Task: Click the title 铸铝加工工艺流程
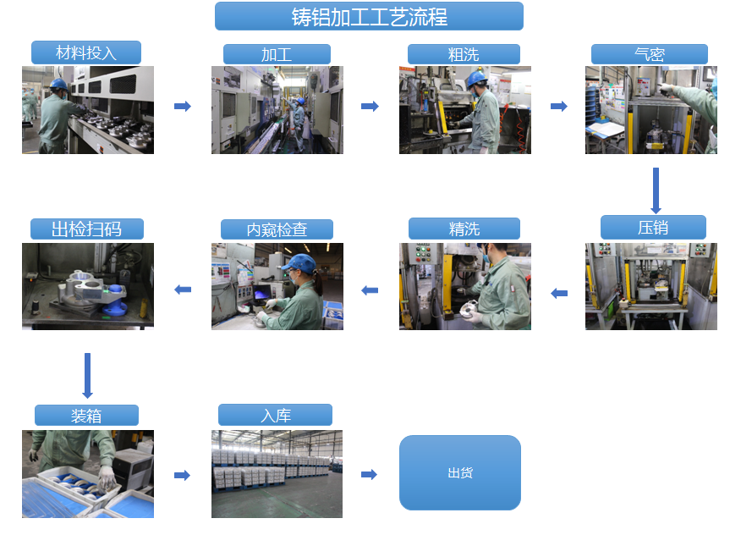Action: tap(369, 16)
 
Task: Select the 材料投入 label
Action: tap(86, 52)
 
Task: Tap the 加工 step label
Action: tap(277, 54)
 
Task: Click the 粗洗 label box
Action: tap(464, 54)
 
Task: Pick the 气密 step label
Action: tap(650, 54)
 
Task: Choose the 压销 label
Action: tap(653, 228)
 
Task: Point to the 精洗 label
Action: tap(464, 229)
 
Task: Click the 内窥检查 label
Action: tap(277, 229)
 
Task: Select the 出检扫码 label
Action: tap(87, 229)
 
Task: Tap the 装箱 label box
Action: tap(86, 415)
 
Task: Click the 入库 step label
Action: tap(275, 415)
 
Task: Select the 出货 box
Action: tap(460, 473)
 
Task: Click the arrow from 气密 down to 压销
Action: tap(656, 190)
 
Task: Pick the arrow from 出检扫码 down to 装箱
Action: tap(87, 376)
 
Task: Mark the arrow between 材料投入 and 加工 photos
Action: tap(183, 106)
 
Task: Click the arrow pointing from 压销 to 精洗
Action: tap(559, 294)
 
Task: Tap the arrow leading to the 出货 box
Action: tap(369, 475)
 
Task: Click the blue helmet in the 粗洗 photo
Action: tap(476, 78)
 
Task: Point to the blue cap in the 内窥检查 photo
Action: tap(299, 262)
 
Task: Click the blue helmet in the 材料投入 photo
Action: tap(58, 84)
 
